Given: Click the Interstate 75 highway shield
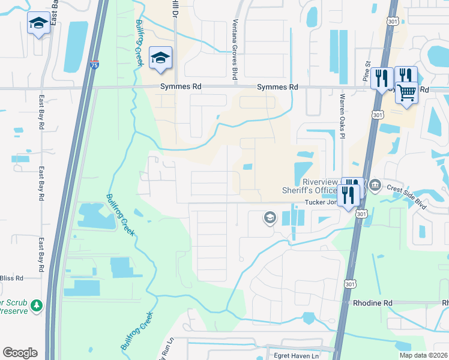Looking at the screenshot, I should pos(95,65).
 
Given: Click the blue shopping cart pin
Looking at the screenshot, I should pos(406,93).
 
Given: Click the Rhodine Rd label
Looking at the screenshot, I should pos(372,304).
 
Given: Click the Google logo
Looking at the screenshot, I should pos(20,352).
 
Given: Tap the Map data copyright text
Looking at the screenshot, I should pos(424,355).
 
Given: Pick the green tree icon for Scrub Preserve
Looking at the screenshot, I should pos(37,306).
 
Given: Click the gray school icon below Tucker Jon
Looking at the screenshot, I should pos(270,217).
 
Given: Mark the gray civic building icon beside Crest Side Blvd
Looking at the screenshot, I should pos(375,184).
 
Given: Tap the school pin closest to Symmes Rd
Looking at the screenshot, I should pos(160,58).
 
